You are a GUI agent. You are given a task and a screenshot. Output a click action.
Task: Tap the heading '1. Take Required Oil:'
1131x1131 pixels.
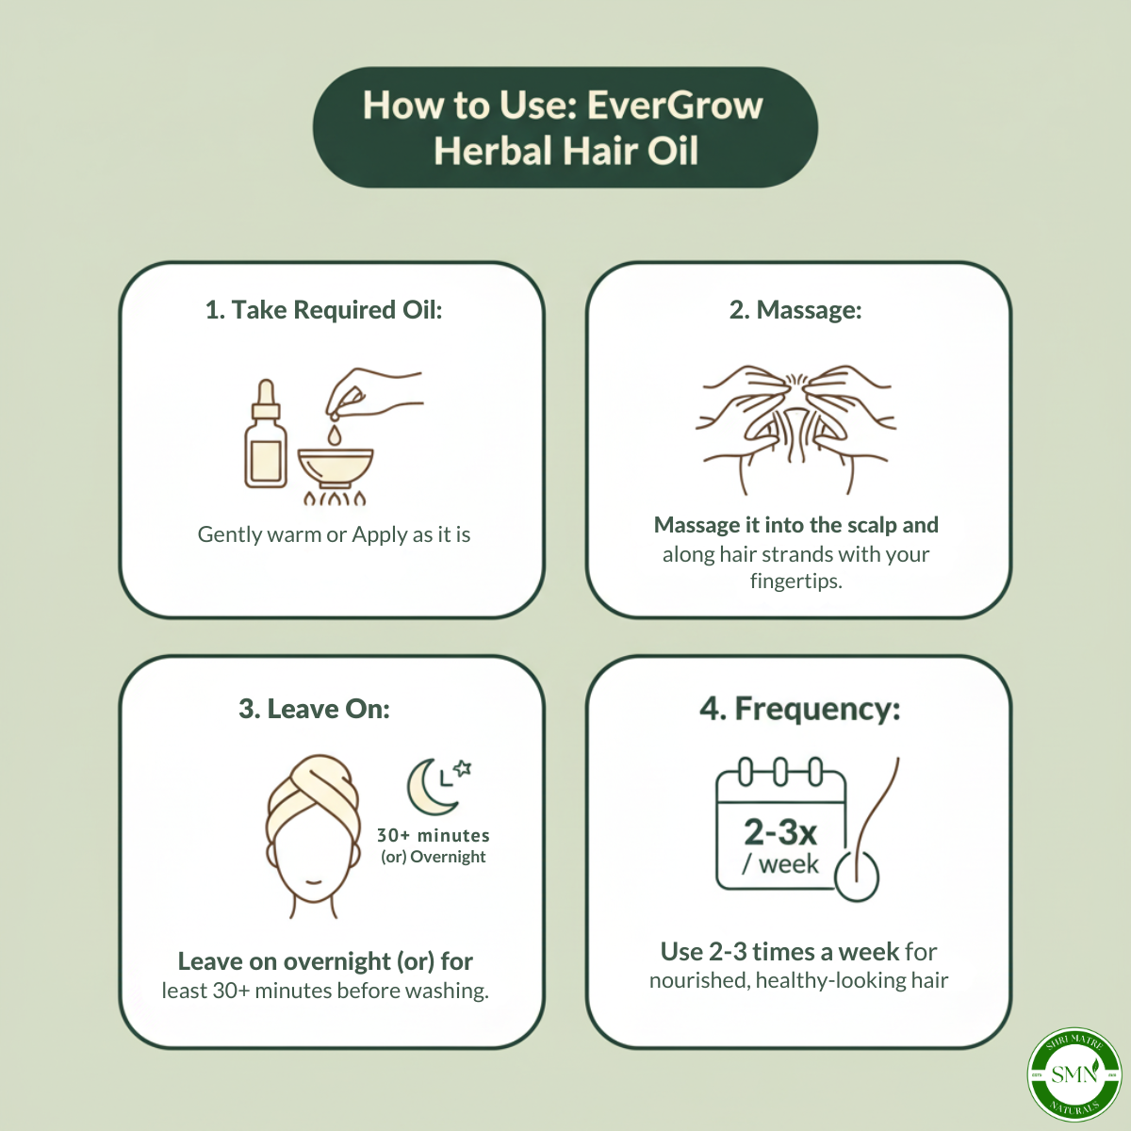pos(323,310)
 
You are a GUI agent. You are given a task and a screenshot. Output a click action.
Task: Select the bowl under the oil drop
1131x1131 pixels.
pos(336,467)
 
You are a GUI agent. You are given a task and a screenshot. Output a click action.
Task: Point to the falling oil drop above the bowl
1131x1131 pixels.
pos(335,434)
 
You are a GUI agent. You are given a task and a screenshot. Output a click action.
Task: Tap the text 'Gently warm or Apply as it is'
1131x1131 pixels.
pos(334,535)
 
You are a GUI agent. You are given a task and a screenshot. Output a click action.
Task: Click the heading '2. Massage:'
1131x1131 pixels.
pos(795,310)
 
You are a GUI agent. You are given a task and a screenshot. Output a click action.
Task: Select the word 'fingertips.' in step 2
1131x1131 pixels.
pos(795,581)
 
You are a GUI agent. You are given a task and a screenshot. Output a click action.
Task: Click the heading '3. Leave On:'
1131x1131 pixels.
pos(314,709)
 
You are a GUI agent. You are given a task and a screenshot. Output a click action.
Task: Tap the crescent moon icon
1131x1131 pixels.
pos(429,789)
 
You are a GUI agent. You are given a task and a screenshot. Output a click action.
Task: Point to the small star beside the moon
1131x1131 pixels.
pos(463,768)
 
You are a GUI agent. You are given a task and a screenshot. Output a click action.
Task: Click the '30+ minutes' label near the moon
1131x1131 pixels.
pos(434,835)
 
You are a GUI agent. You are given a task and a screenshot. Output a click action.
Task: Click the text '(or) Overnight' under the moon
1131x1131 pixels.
pos(434,857)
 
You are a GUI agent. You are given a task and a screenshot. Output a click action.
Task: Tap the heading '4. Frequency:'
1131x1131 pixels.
pos(799,709)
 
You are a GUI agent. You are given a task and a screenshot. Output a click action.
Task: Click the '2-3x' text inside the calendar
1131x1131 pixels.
pos(779,832)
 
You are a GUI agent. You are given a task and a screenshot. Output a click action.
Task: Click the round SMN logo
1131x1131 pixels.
pos(1074,1074)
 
